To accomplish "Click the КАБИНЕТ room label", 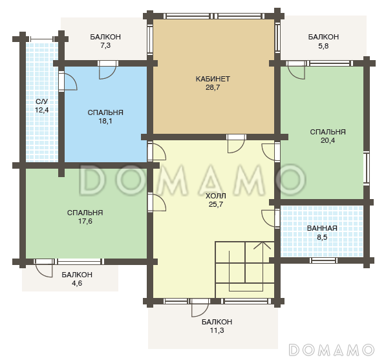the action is click(x=213, y=79).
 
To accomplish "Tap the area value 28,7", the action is click(x=213, y=88).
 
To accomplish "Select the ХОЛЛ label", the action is click(x=216, y=196).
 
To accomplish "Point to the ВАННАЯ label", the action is click(x=322, y=228).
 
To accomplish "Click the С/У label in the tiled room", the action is click(x=41, y=101).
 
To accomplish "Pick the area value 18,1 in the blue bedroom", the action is click(x=105, y=121).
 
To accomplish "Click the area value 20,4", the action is click(x=328, y=140).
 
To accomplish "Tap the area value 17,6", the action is click(x=85, y=221).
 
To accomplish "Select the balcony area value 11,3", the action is click(x=217, y=330).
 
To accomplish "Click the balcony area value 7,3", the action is click(x=105, y=45).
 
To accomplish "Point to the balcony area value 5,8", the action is click(x=323, y=46).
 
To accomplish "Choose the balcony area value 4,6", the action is click(x=77, y=283).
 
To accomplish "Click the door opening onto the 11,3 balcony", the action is click(x=200, y=308).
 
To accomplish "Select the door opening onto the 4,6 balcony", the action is click(x=44, y=268).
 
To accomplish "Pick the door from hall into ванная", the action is click(x=270, y=218).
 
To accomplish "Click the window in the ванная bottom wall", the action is click(x=323, y=260).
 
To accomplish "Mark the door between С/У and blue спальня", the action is click(x=68, y=81).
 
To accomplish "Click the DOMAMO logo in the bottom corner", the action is click(x=331, y=350).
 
